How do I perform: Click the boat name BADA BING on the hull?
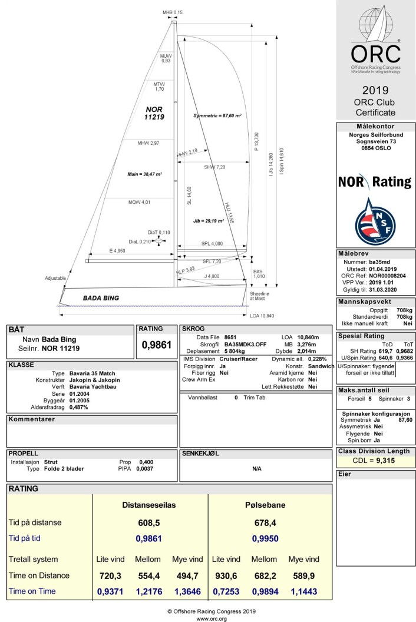coord(101,298)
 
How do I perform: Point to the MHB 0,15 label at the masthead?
coord(172,13)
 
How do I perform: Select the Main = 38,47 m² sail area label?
coord(144,174)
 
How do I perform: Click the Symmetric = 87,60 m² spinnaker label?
coord(217,116)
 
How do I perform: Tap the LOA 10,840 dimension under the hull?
coord(262,316)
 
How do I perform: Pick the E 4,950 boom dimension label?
coord(117,251)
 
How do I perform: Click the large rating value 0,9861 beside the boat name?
coord(157,345)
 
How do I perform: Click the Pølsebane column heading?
coord(265,505)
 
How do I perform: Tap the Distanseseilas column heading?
coord(149,505)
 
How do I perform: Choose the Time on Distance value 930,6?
coord(226,575)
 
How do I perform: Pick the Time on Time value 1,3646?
coord(187,592)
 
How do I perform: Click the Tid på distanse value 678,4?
coord(265,523)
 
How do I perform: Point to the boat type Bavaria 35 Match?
coord(92,373)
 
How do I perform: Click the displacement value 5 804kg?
coord(234,351)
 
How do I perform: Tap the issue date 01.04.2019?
coord(382,269)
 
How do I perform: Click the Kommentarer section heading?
coord(32,419)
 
